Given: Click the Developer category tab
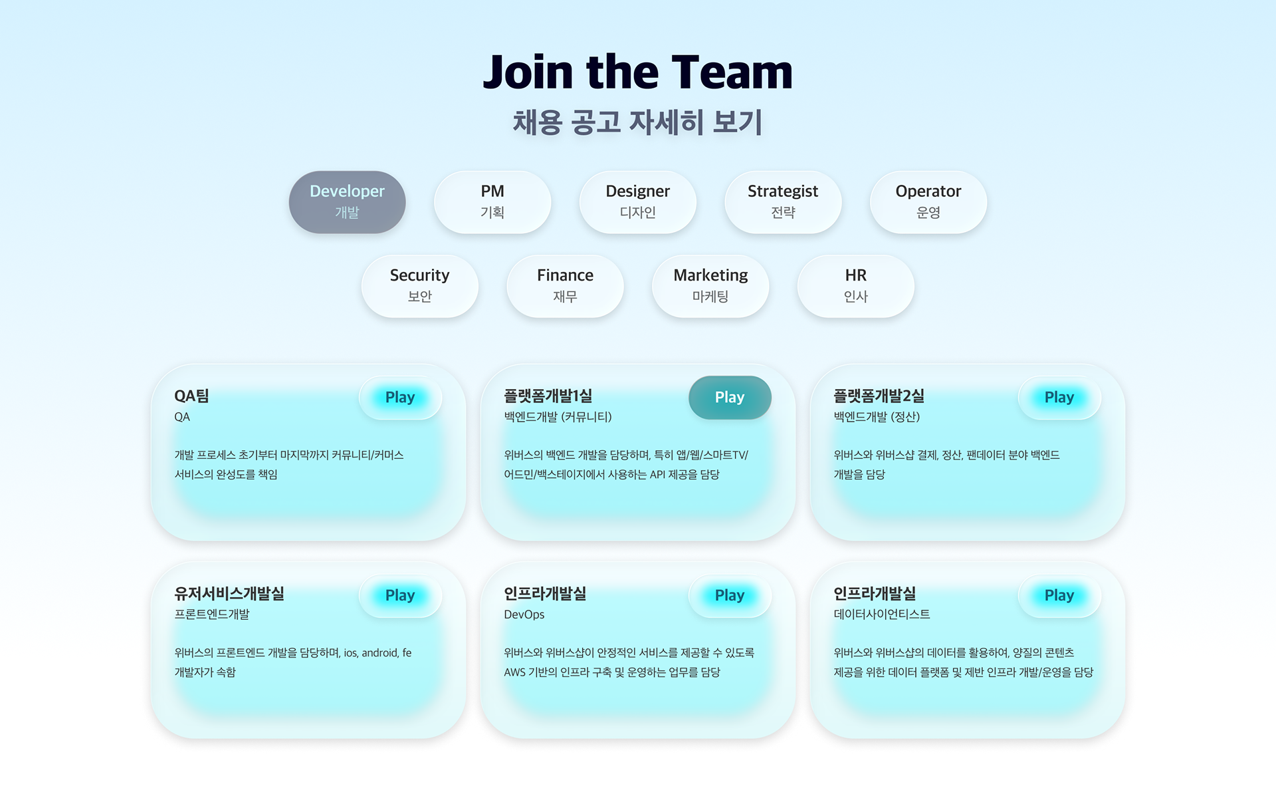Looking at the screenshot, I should pos(347,201).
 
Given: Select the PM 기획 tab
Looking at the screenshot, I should pos(492,201).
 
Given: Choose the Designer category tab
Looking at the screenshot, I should pos(637,201).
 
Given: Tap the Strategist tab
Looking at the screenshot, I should pos(783,201).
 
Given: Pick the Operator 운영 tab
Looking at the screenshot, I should pos(928,201).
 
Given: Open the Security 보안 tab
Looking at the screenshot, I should pos(419,286).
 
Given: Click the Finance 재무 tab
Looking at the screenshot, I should pos(565,286).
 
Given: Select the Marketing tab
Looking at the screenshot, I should pos(710,286).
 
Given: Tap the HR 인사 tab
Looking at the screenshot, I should pos(855,286).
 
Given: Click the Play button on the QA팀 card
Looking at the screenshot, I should pos(400,398).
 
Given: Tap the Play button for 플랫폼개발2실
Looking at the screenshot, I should pos(1059,398).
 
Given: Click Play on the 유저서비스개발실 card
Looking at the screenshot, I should pos(400,596).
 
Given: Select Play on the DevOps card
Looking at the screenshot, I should pos(729,596).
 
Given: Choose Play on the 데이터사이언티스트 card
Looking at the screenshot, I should pos(1059,596).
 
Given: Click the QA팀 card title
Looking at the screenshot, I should pos(191,396).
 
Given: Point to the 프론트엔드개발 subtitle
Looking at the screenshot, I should pos(212,614).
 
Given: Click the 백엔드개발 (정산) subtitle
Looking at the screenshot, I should pos(877,417).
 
